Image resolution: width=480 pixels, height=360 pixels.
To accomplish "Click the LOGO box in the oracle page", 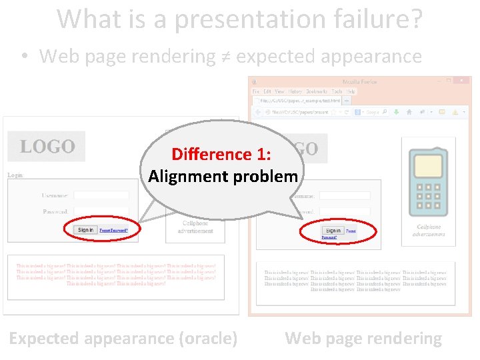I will point(47,146).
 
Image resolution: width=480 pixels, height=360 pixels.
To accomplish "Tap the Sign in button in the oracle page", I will point(86,230).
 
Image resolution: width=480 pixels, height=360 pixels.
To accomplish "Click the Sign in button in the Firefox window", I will point(332,231).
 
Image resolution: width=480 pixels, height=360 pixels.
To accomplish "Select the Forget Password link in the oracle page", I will point(113,230).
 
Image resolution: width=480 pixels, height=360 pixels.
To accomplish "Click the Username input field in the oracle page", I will point(101,195).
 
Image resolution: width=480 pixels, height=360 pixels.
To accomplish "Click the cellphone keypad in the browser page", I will point(427,197).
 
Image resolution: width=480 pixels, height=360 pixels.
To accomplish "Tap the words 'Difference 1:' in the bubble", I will point(221,154).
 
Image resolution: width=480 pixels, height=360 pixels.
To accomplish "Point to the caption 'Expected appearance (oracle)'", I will point(123,338).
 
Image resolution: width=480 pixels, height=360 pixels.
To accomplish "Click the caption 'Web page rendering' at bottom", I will point(363,338).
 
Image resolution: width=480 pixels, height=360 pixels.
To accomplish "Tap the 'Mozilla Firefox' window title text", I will point(360,82).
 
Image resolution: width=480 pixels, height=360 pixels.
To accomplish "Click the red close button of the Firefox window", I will point(465,81).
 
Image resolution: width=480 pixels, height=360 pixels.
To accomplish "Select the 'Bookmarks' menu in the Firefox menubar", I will point(317,91).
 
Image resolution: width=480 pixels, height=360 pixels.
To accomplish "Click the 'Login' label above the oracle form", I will point(15,175).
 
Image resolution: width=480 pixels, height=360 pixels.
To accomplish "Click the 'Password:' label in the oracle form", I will point(55,211).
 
